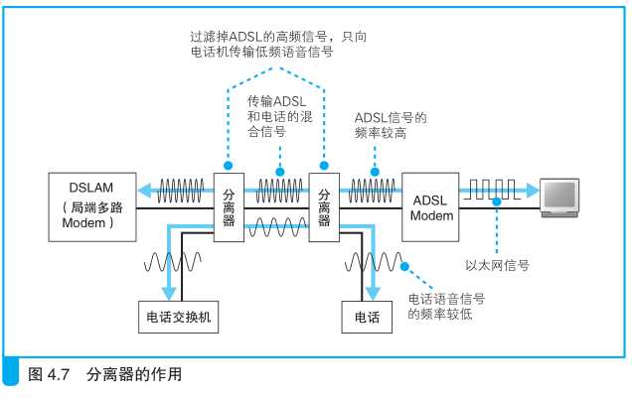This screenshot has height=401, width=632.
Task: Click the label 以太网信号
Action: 497,265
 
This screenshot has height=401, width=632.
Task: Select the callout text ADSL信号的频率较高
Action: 390,124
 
